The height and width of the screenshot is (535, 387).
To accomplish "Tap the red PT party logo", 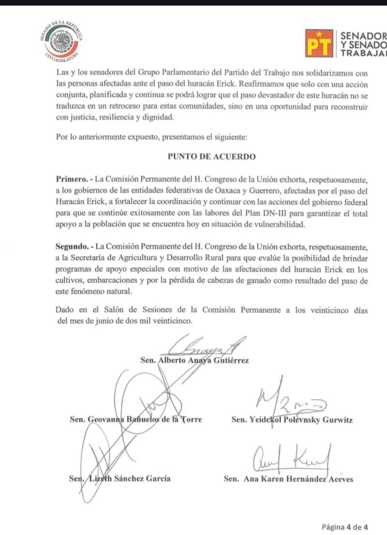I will [x=319, y=43].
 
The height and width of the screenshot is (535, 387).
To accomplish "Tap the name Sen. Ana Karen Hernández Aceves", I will [x=288, y=479].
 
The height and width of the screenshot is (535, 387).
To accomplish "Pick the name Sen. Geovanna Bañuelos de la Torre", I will [x=135, y=419].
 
